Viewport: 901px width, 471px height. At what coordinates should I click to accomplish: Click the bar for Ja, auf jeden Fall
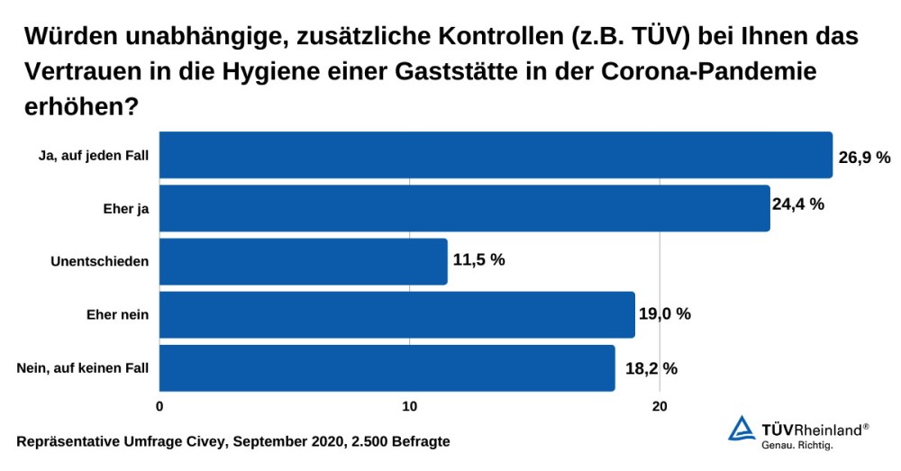coord(496,155)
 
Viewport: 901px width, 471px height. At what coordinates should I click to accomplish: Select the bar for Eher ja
coord(465,208)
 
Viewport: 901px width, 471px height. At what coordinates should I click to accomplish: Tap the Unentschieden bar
coord(304,261)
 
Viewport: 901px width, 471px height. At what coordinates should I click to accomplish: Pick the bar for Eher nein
coord(397,314)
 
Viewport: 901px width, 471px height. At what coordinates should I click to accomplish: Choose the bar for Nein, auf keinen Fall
coord(387,367)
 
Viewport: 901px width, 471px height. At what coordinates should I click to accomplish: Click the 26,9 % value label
coord(864,158)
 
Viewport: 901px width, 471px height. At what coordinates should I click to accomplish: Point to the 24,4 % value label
coord(798,204)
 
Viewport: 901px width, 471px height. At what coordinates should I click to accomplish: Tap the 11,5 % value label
coord(478,260)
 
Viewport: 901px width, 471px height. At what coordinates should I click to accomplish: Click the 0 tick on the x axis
coord(159,406)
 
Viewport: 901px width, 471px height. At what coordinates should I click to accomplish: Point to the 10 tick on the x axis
coord(409,406)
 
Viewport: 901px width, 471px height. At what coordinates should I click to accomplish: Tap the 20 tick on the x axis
coord(660,406)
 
